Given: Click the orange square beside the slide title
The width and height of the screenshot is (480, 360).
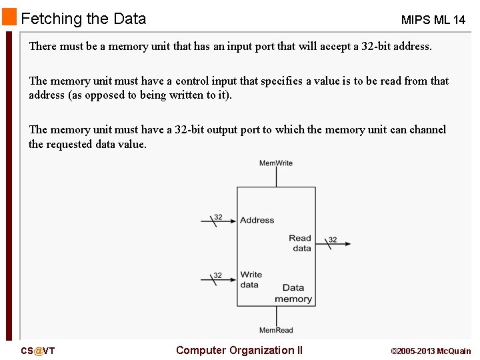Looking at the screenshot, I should click(9, 17).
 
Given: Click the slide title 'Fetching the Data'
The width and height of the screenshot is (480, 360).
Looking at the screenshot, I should click(83, 19).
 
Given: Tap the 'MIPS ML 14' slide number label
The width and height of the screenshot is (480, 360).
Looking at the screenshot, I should click(433, 20).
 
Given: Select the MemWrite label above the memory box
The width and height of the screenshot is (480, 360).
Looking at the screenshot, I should click(276, 163).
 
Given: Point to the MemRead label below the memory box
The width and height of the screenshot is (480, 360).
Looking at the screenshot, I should click(276, 330).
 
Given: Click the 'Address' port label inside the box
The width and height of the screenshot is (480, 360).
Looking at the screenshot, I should click(257, 220).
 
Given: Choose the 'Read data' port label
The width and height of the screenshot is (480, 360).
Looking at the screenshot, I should click(300, 243).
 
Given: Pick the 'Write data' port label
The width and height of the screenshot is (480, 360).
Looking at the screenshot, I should click(251, 279).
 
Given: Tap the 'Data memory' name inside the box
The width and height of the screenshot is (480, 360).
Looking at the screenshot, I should click(293, 293).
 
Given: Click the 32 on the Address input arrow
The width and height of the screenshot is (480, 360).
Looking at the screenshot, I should click(218, 217).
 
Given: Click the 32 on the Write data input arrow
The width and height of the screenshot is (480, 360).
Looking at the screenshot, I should click(218, 275).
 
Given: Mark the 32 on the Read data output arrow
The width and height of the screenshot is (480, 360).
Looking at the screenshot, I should click(333, 240).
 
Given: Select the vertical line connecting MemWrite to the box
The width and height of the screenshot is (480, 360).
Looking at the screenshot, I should click(276, 177).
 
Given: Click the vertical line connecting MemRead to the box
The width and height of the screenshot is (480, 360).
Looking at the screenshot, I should click(276, 315).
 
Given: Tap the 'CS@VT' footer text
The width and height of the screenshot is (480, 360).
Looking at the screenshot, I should click(37, 351).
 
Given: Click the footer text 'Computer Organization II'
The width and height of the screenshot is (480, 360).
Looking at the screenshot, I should click(239, 350).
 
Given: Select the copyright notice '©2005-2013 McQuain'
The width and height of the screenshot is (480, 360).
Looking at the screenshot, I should click(431, 351).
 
